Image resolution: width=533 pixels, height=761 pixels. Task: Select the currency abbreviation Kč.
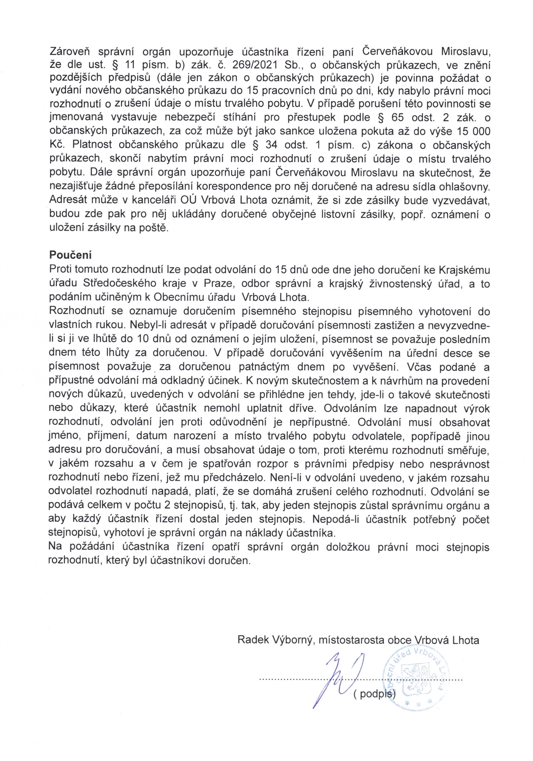click(x=56, y=145)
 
